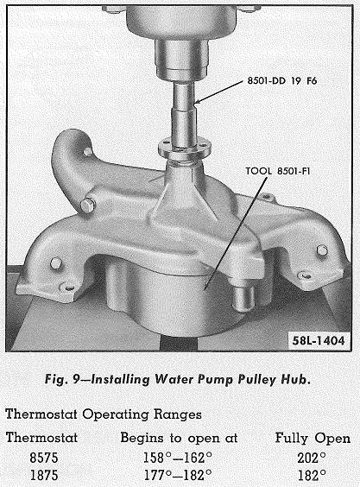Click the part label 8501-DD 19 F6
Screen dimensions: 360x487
click(x=282, y=81)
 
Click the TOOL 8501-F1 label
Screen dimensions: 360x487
click(x=278, y=171)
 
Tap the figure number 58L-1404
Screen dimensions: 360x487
click(x=319, y=341)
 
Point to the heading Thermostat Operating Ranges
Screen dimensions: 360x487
click(x=104, y=414)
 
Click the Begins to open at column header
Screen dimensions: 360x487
click(x=179, y=439)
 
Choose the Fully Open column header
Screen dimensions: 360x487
click(x=313, y=439)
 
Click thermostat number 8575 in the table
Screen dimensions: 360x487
click(x=44, y=458)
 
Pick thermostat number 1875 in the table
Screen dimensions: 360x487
click(x=44, y=475)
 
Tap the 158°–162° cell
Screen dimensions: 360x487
click(x=178, y=458)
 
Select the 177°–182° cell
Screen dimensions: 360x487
click(x=178, y=475)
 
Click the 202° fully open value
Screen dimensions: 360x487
click(x=312, y=458)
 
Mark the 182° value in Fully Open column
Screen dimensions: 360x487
click(x=312, y=475)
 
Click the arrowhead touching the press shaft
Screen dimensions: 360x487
click(x=198, y=101)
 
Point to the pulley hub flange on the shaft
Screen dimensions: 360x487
click(x=185, y=148)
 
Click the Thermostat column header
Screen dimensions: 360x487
click(x=41, y=438)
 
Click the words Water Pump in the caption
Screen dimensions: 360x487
click(x=195, y=380)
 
